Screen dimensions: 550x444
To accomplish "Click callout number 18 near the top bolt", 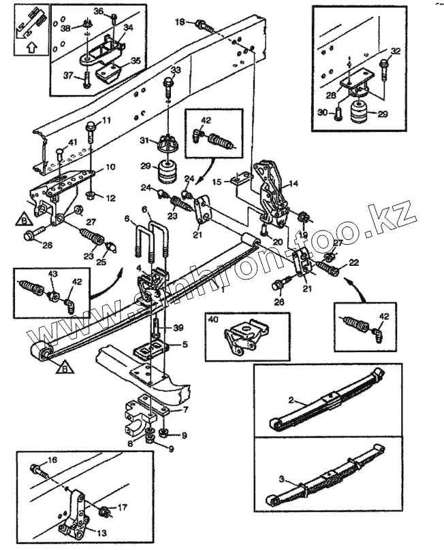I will point(180,22).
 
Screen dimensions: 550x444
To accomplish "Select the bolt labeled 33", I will point(168,88).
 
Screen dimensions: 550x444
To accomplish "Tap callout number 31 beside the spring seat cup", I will point(144,141).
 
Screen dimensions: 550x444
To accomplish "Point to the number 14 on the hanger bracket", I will point(294,184).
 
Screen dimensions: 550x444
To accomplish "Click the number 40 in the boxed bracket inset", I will point(213,318).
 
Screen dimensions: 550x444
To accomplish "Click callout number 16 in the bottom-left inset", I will point(53,460).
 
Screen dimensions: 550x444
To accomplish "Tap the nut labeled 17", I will point(104,511).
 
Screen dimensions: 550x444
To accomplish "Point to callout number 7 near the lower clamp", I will point(185,410).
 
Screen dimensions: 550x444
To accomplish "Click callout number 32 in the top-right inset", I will point(395,52).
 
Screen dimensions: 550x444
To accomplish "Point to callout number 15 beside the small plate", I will point(216,182).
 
